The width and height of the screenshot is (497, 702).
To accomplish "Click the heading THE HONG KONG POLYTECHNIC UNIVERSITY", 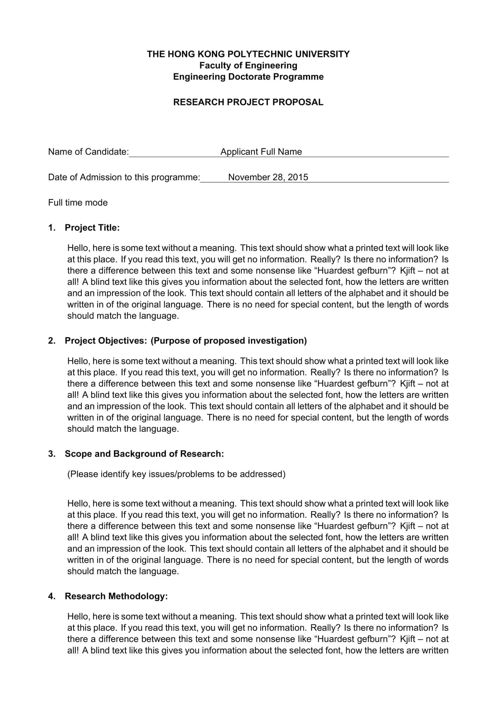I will [x=248, y=54].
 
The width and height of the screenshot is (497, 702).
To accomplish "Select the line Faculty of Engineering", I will [x=248, y=65].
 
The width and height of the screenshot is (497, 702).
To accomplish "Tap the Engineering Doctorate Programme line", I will [x=248, y=77].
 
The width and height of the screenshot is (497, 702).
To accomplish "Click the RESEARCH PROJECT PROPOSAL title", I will [x=248, y=102].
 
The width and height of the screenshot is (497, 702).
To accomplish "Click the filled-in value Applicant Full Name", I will [x=261, y=152].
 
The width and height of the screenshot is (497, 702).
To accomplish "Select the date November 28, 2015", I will [x=268, y=177].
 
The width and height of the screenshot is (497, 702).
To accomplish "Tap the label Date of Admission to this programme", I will [x=124, y=177].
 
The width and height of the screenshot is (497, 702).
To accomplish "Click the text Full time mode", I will [x=78, y=203].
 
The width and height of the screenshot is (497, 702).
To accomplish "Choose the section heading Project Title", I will [x=92, y=228].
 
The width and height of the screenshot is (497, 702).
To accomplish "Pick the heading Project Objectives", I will [x=106, y=341].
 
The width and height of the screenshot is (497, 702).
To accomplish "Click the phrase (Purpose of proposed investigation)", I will [x=229, y=341].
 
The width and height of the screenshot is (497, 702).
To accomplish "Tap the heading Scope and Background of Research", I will [x=144, y=454].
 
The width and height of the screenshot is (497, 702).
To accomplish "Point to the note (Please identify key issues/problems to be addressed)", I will [x=176, y=474].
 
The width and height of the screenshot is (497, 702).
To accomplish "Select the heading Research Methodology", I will [x=116, y=596].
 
